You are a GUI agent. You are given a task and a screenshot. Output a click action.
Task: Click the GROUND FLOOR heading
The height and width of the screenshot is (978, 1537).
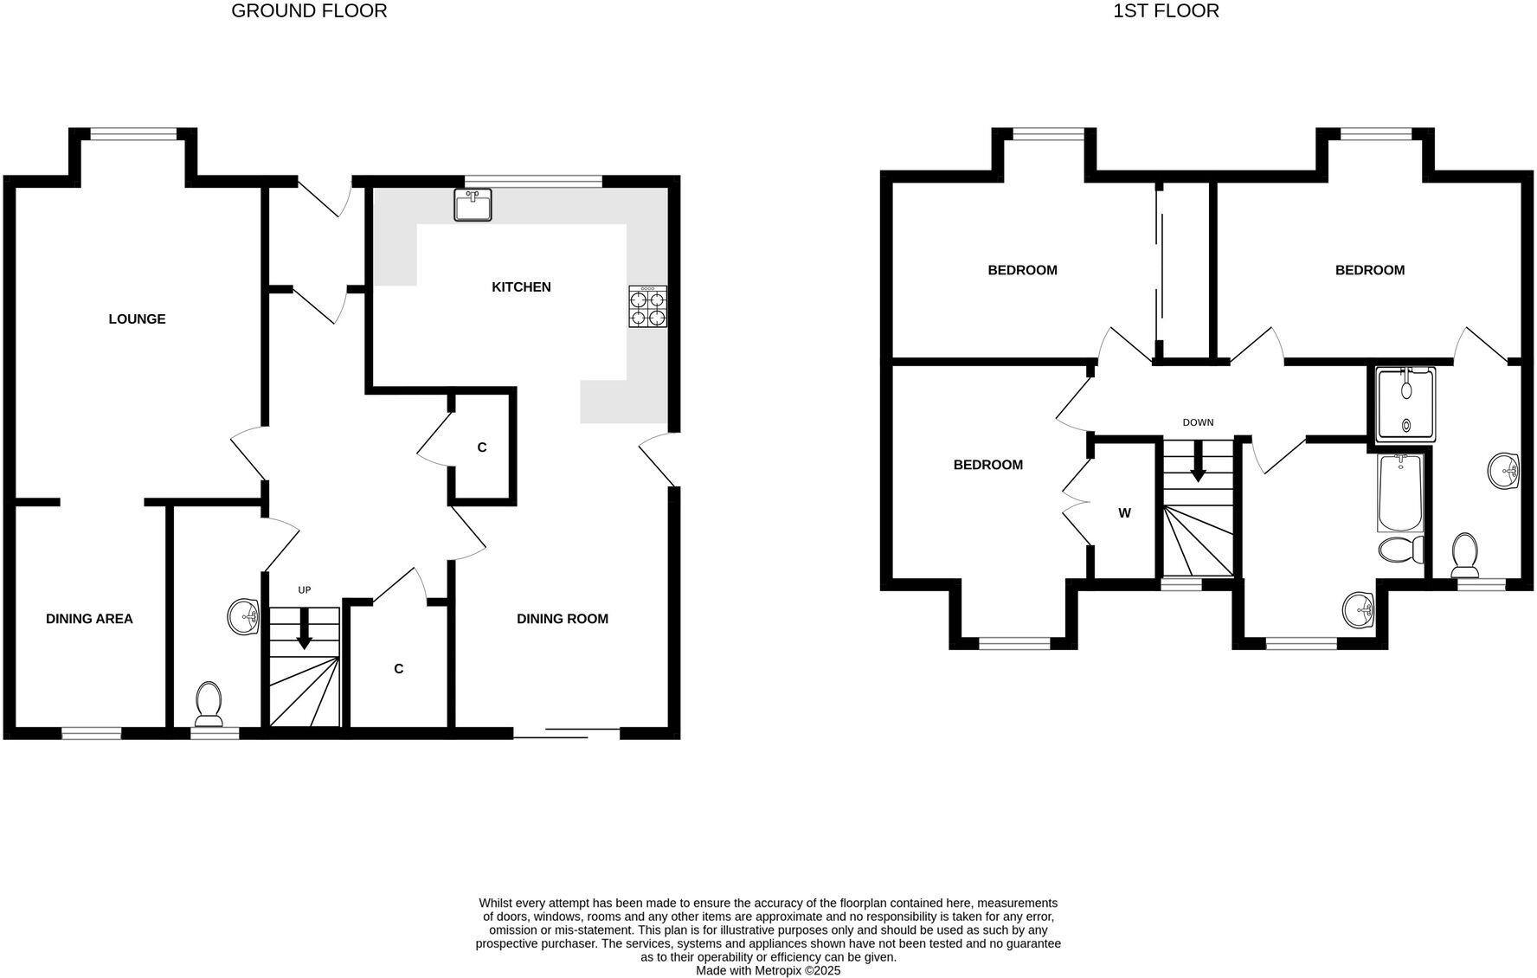coord(309,11)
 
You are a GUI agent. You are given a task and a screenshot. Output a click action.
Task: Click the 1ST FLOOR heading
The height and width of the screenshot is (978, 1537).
coord(1166,11)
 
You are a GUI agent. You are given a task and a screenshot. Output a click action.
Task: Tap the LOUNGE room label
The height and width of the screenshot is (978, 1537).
coord(137,319)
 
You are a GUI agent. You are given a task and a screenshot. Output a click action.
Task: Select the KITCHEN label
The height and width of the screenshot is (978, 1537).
coord(521,287)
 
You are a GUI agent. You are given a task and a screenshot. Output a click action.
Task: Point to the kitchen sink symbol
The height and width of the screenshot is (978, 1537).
coord(473,205)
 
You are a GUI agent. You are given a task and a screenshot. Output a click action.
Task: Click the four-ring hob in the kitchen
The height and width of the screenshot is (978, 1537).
coord(648,307)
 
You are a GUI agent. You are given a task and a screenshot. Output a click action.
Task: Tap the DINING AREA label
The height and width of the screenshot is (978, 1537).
coord(89,619)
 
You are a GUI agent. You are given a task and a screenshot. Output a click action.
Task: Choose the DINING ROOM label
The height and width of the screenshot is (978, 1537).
coord(563,619)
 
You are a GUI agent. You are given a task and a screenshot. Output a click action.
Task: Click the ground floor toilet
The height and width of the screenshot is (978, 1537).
coord(209,704)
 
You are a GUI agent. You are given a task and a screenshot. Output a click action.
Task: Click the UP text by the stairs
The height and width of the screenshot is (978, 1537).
coord(304,590)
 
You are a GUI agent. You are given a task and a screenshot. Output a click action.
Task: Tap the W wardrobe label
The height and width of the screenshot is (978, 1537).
coord(1124,513)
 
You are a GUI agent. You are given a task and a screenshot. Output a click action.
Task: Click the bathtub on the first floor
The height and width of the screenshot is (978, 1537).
coord(1399,492)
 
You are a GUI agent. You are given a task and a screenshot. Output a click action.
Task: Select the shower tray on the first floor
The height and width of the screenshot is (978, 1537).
coord(1405,404)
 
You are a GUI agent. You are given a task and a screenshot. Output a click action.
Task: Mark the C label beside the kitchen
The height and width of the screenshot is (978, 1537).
coord(482,447)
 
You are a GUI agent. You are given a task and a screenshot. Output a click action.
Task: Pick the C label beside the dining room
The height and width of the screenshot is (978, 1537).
coord(399,669)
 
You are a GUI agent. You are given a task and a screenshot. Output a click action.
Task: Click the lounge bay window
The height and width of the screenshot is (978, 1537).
coord(134,133)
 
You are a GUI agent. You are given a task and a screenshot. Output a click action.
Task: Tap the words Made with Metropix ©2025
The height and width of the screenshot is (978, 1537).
coord(768,971)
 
